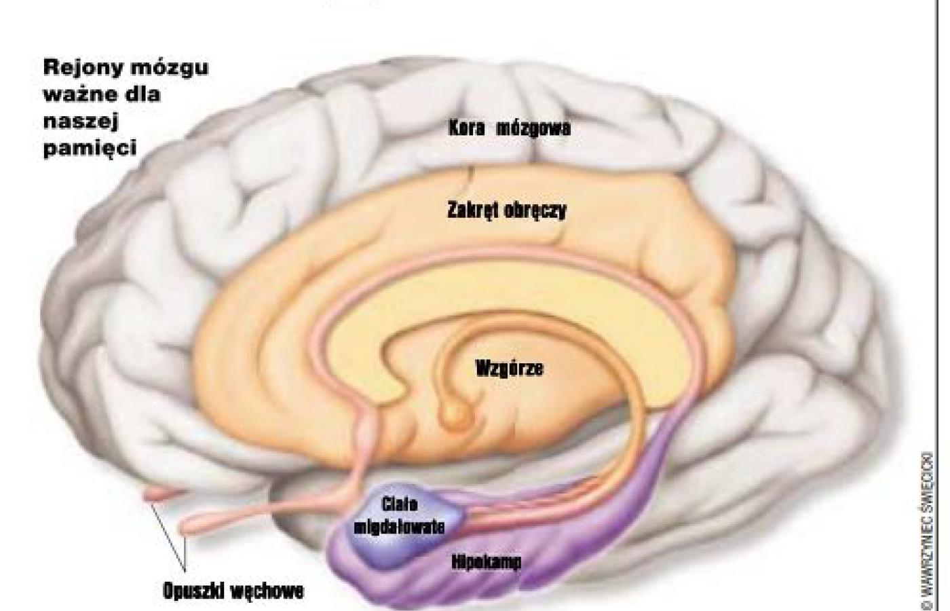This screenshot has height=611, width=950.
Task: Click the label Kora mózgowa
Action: coord(509,128)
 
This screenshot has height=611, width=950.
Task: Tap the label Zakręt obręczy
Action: coord(506,210)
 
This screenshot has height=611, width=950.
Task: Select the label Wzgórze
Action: coord(509,369)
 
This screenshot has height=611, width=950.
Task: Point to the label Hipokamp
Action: coord(486,562)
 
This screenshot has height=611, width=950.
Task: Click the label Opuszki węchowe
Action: coord(233,591)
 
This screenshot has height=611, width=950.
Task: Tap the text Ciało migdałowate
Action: coord(399,515)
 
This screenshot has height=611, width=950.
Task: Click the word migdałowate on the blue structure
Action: coord(399,526)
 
